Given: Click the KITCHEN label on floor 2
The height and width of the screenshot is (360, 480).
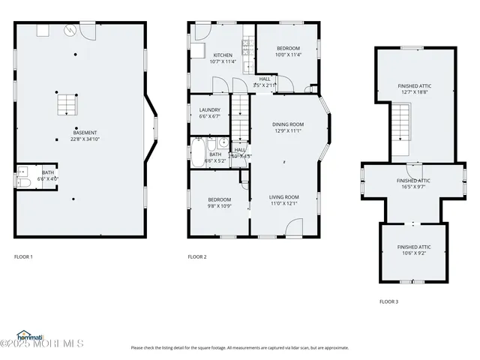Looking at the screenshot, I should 223,55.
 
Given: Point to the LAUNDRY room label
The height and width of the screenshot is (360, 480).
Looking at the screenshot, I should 209,109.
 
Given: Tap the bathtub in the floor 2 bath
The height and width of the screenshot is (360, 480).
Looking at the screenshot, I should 198,152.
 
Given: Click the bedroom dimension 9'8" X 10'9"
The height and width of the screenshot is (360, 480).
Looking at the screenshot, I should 219,206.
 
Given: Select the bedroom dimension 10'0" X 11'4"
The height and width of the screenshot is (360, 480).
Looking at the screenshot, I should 288,55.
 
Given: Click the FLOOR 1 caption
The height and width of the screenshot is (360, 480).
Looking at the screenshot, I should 24,257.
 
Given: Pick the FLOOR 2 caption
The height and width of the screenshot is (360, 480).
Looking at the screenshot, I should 197,257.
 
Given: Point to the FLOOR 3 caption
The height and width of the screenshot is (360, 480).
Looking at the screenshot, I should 388,301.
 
